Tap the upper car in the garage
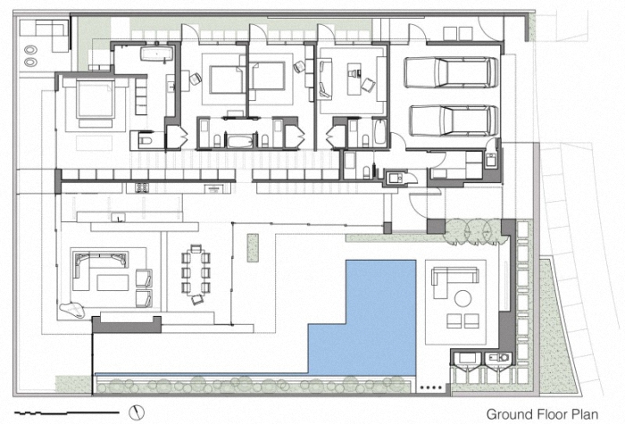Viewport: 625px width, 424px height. (x=451, y=72)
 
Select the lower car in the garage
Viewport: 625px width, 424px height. (x=454, y=121)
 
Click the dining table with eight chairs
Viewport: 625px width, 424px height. (x=196, y=275)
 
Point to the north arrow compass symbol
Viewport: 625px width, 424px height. (x=137, y=412)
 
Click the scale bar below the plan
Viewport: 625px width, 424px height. (x=67, y=412)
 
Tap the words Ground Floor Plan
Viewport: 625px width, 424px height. (x=542, y=414)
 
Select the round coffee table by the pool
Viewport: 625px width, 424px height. (x=462, y=298)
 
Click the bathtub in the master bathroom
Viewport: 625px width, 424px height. (x=156, y=54)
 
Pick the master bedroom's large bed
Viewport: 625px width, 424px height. (x=96, y=100)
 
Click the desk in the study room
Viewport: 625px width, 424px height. (x=354, y=79)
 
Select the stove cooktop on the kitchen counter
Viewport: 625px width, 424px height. (x=142, y=187)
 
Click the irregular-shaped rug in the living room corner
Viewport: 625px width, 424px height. (x=72, y=311)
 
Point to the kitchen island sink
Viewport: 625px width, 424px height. (x=119, y=217)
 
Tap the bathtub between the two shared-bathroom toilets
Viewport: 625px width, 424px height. (x=239, y=141)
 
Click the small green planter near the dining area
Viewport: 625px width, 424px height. (x=253, y=247)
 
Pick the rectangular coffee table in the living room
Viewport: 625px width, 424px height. (x=112, y=283)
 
